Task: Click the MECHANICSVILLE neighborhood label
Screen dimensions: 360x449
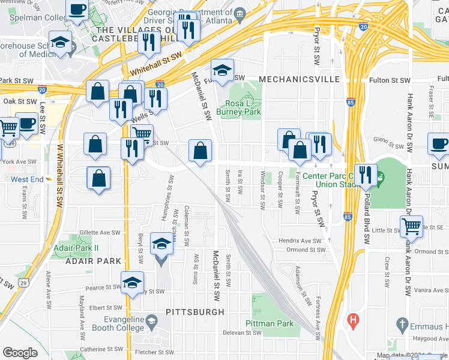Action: [x=300, y=79]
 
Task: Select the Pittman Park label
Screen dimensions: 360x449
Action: [x=270, y=323]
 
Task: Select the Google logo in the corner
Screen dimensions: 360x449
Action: [x=20, y=353]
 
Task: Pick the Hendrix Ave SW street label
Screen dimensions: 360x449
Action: [x=300, y=241]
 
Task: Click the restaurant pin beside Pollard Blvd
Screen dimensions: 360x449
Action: [x=365, y=175]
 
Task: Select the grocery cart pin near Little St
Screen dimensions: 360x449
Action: [x=411, y=226]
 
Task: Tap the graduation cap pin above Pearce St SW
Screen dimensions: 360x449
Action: [x=132, y=282]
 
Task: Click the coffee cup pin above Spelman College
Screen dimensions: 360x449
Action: [x=77, y=10]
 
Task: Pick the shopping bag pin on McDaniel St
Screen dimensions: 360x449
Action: [x=200, y=150]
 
